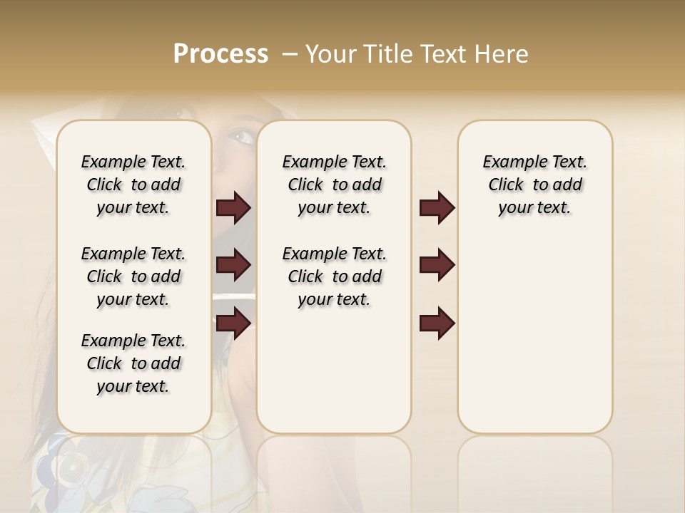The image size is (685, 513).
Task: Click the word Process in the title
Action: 220,53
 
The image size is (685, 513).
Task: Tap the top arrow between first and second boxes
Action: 233,207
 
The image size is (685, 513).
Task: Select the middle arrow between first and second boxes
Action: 233,265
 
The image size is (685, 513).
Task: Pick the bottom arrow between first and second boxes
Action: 233,323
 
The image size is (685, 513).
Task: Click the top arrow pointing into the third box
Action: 437,207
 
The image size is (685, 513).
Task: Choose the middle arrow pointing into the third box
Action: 437,265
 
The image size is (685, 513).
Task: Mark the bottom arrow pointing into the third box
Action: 437,323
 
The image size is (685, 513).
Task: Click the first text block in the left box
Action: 133,185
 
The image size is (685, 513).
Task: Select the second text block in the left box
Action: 133,276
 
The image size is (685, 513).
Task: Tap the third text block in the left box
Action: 133,363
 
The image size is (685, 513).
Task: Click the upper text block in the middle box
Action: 334,185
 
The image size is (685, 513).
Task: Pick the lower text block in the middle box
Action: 334,276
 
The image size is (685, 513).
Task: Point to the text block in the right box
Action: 534,185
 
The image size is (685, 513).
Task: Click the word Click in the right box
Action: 506,185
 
